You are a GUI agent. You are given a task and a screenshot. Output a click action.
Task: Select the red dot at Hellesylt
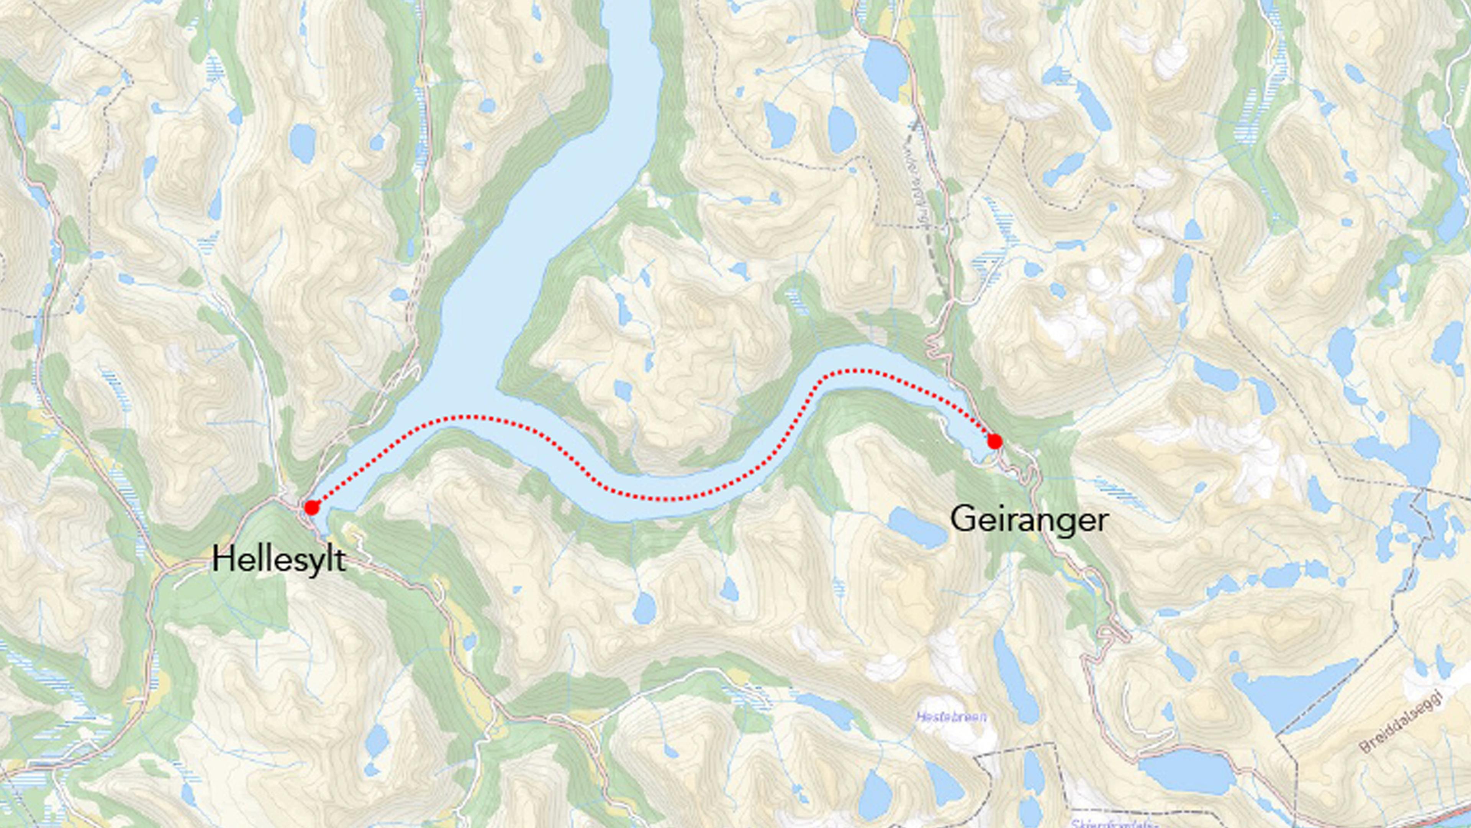pyautogui.click(x=311, y=508)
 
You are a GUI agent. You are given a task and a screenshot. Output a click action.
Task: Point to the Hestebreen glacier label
pyautogui.click(x=951, y=716)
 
